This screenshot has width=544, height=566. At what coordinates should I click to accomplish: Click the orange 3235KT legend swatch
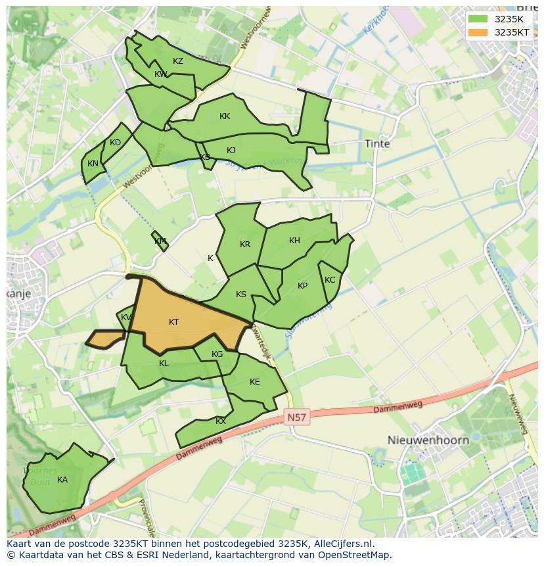478,32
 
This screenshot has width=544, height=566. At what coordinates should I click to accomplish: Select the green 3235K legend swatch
478,19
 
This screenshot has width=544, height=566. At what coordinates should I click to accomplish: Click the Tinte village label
377,143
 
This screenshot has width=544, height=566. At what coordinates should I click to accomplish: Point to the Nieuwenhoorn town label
428,440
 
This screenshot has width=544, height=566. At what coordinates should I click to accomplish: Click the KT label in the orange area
174,322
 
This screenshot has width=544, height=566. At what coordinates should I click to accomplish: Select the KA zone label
62,480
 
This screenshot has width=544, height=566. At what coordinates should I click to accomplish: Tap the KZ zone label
178,61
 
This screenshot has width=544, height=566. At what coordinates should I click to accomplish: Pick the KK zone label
225,116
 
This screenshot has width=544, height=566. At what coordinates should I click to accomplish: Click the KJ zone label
231,151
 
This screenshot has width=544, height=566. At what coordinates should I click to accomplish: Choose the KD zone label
115,143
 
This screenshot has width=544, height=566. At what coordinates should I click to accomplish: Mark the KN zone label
93,164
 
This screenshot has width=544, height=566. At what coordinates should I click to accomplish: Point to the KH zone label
294,241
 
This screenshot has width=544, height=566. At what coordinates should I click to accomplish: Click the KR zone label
245,245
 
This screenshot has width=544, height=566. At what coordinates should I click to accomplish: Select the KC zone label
330,280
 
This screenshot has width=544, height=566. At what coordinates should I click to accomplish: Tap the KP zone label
302,286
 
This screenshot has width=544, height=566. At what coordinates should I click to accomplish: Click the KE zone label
255,382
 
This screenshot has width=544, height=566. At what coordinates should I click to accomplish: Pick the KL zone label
164,364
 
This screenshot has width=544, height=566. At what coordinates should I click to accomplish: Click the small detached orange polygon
105,339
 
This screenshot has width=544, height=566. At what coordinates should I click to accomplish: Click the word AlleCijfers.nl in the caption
342,544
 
